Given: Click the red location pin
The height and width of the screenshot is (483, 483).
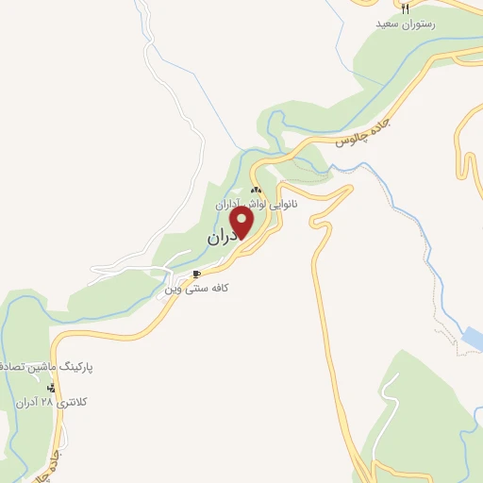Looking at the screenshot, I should point(242,223).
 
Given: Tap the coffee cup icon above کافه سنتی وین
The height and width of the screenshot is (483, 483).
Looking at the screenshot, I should point(196,275).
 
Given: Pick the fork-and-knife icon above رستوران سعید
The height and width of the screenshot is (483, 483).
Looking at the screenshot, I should point(405,8).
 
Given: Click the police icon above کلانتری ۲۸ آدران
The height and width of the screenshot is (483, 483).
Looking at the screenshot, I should point(63,388).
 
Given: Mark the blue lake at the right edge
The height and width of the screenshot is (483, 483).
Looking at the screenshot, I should point(473,338).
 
